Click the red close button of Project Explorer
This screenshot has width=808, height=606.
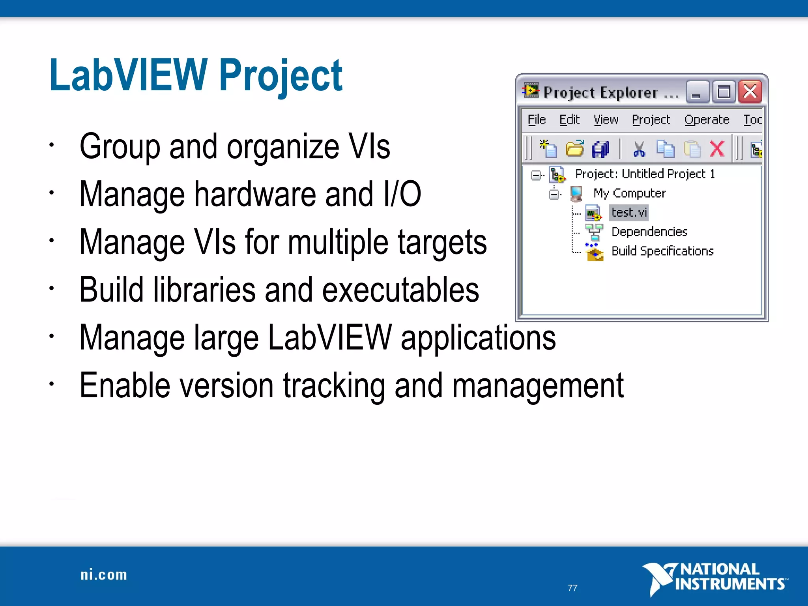(x=750, y=92)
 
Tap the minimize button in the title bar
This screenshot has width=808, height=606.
(x=697, y=92)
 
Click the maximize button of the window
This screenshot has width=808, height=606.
(x=724, y=92)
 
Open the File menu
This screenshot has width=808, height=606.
(x=537, y=120)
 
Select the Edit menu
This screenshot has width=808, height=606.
(x=569, y=120)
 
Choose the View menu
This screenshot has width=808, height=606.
(x=606, y=120)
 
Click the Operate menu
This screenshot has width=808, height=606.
(x=707, y=120)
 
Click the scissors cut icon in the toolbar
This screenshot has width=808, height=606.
(x=639, y=149)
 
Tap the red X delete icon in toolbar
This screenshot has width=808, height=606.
(x=717, y=149)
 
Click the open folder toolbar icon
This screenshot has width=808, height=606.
(x=575, y=149)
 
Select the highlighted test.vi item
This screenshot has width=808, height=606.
(x=629, y=213)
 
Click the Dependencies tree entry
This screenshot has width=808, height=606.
(x=649, y=232)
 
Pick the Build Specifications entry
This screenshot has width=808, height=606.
(x=662, y=251)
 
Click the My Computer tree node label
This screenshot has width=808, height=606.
(x=629, y=193)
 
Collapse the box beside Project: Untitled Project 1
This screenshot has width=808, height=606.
(x=536, y=175)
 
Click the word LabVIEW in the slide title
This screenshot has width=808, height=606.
(x=128, y=75)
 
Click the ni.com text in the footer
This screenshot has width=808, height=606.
(x=104, y=575)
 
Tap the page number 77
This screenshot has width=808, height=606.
(x=572, y=588)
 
